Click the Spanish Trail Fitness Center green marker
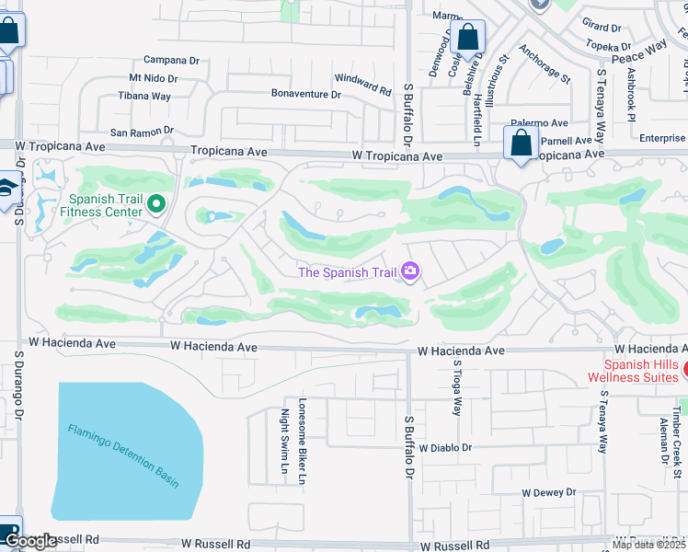point(157,203)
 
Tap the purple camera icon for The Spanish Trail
point(409,270)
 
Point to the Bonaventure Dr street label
point(305,94)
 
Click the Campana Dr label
point(166,61)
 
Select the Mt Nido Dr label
point(153,79)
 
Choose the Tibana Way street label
point(143,97)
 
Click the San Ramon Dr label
point(142,132)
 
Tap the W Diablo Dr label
point(444,448)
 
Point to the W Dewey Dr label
point(549,492)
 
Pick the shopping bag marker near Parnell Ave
point(521,144)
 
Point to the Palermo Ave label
point(540,122)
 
